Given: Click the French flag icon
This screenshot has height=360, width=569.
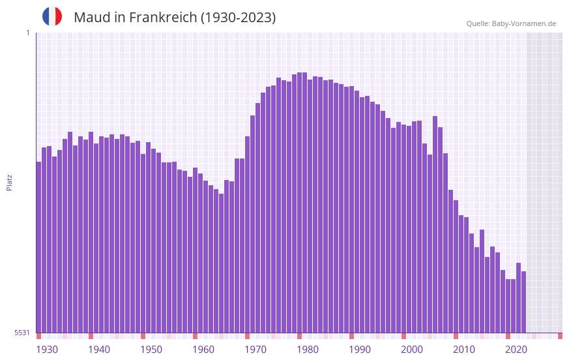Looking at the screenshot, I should (x=52, y=17).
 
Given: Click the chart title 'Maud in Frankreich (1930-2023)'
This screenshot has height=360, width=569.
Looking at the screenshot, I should (x=175, y=18).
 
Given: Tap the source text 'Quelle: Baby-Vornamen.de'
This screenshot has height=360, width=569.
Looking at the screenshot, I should (x=511, y=23).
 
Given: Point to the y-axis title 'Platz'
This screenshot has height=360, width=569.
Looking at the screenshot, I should (x=9, y=182).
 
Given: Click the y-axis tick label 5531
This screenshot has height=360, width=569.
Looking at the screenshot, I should (x=22, y=333).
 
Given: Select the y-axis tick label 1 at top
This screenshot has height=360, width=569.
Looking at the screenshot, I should (x=27, y=33).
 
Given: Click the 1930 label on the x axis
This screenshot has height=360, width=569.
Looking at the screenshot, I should (x=47, y=350).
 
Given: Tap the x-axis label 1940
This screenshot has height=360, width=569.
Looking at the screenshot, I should (x=99, y=350).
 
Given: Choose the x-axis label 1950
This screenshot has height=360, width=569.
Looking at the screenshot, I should (x=151, y=350).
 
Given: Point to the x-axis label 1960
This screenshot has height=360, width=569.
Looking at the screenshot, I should (x=203, y=350).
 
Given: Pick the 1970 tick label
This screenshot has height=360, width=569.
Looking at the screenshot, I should (x=255, y=350).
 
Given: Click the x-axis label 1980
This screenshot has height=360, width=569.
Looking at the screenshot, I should (x=308, y=350).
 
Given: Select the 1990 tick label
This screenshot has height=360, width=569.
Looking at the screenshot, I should (x=360, y=350).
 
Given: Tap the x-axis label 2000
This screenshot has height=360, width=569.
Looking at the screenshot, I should (x=412, y=350).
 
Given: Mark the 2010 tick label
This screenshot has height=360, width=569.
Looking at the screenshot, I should (x=464, y=350).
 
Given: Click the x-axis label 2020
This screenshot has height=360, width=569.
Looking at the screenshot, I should (x=516, y=350).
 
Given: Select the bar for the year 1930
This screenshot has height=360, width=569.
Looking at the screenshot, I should (x=38, y=248).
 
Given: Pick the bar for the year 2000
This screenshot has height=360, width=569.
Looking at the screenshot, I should (x=403, y=228).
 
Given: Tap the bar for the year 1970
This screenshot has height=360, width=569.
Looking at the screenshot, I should (x=247, y=235).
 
